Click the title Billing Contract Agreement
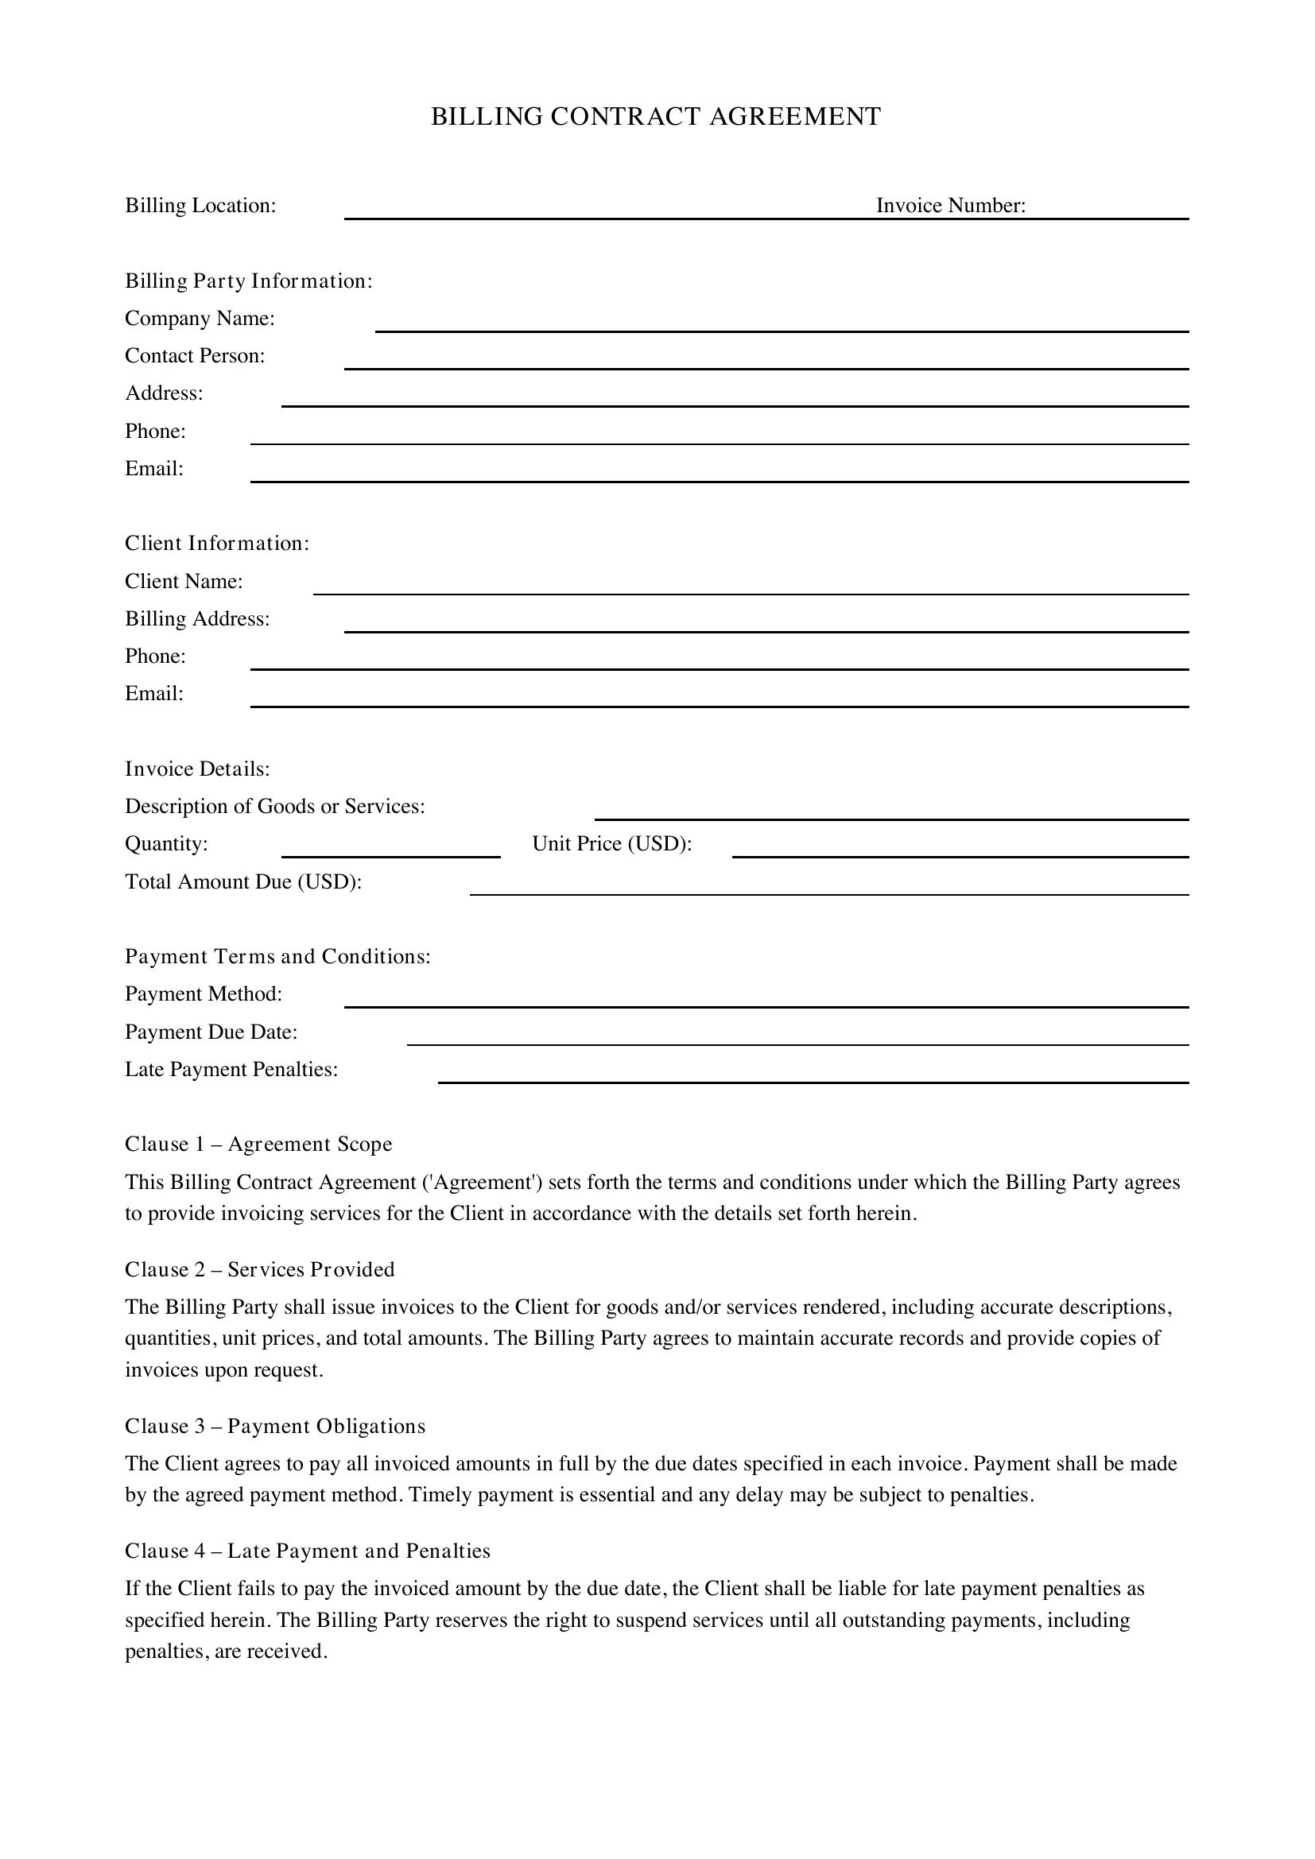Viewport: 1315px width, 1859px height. [656, 117]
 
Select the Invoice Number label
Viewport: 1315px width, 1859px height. [951, 206]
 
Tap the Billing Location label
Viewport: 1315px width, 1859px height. [200, 206]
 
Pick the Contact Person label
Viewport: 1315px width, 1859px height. [194, 355]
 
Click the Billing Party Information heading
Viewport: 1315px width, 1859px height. [249, 281]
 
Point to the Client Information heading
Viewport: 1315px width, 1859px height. [217, 543]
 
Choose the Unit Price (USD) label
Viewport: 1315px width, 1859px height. [611, 844]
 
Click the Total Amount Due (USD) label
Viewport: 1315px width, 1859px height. [243, 881]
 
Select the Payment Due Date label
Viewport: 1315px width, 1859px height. [211, 1032]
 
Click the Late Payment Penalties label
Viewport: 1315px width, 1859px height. [231, 1070]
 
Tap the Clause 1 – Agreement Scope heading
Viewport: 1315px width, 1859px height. [258, 1144]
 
